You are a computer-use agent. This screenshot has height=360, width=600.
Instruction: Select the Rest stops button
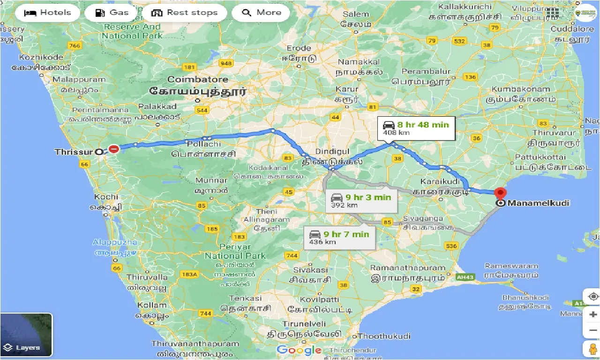(x=185, y=13)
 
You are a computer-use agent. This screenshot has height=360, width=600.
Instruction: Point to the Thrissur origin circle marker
(x=99, y=152)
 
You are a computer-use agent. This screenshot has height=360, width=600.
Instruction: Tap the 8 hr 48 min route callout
(x=417, y=128)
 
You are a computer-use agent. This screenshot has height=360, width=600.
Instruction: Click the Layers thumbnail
(x=26, y=335)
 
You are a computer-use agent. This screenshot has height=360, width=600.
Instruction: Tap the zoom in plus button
(x=593, y=315)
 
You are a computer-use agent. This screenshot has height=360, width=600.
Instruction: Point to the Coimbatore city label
(x=197, y=80)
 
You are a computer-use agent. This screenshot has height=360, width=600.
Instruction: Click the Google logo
(x=299, y=350)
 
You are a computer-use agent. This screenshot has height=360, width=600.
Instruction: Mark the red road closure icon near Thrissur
(x=114, y=149)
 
